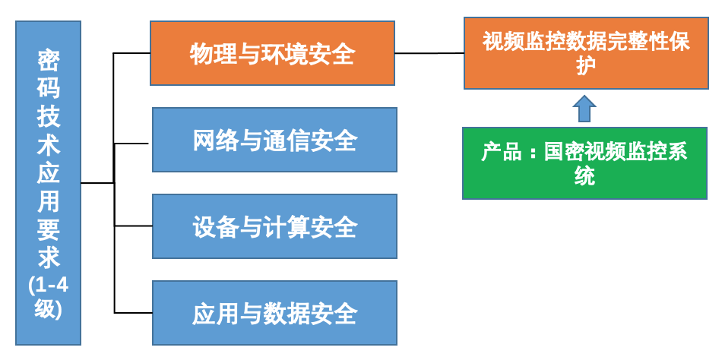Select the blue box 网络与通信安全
tap(274, 140)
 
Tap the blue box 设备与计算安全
tap(274, 226)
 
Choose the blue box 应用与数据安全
tap(274, 313)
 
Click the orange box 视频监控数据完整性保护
tap(586, 53)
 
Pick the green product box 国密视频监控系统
tap(584, 163)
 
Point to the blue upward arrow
tap(584, 109)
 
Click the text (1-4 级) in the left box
tap(49, 298)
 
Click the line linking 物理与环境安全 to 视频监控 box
tap(429, 53)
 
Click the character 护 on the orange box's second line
tap(586, 65)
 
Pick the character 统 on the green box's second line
tap(584, 176)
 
